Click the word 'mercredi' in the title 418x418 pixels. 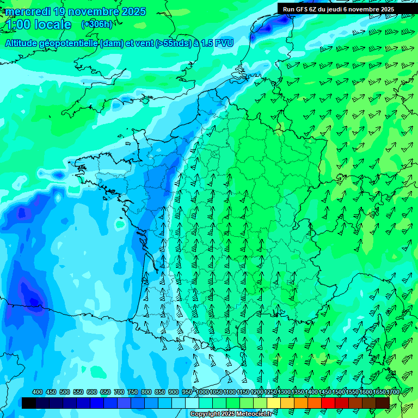click(27, 11)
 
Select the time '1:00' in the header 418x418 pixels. click(18, 24)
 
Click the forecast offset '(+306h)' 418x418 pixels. click(97, 24)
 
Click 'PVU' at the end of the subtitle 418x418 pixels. click(224, 43)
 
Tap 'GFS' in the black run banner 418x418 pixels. click(310, 9)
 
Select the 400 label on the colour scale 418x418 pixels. click(38, 392)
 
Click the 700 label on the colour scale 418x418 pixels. click(119, 392)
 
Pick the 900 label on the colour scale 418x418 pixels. click(174, 392)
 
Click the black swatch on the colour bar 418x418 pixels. click(29, 403)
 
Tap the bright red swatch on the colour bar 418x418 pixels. click(328, 403)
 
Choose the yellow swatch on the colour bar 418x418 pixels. click(274, 403)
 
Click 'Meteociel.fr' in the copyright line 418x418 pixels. click(253, 414)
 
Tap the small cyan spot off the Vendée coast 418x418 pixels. click(120, 223)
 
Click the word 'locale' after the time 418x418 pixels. click(52, 24)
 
